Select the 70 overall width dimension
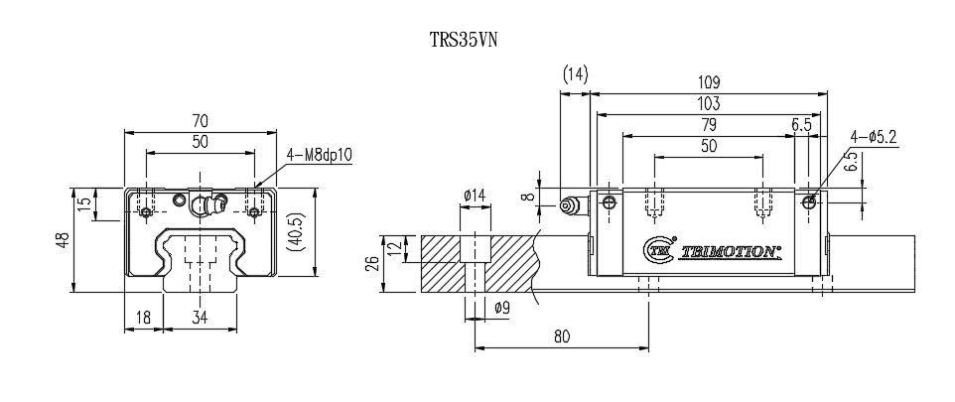coord(200,121)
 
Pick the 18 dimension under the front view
coord(142,318)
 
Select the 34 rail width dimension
coord(200,318)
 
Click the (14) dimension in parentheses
coord(575,74)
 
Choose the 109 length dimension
coord(708,83)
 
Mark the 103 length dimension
coord(708,103)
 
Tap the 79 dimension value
coord(708,125)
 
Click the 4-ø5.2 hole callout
coord(873,138)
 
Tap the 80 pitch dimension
coord(561,336)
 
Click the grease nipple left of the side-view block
coord(570,206)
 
